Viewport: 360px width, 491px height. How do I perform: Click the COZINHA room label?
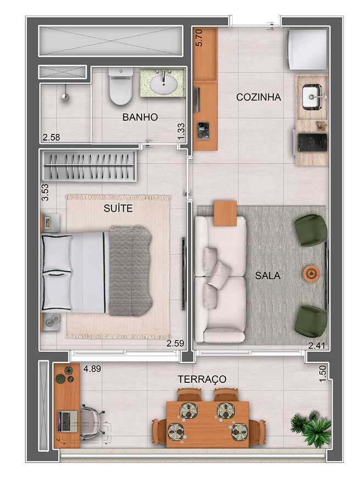click(x=258, y=97)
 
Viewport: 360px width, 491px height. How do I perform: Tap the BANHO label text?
click(x=140, y=117)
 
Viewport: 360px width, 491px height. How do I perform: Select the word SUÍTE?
click(x=118, y=208)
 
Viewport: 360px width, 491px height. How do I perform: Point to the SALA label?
click(x=267, y=276)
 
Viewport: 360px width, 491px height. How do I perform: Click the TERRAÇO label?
click(x=202, y=379)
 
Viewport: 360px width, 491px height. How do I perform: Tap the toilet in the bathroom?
click(x=120, y=86)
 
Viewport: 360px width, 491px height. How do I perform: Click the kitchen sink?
click(x=312, y=97)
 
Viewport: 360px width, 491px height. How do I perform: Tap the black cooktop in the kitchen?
click(x=312, y=143)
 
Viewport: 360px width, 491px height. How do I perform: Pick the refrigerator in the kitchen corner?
click(x=307, y=49)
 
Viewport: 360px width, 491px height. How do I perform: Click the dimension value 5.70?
click(x=199, y=37)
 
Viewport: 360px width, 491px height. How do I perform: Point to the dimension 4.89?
click(x=92, y=369)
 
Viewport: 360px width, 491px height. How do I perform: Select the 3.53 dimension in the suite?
click(x=46, y=192)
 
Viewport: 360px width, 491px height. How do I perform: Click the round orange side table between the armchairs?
click(x=311, y=274)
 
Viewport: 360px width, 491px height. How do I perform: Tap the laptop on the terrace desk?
click(x=67, y=421)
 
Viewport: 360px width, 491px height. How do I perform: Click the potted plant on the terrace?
click(x=311, y=428)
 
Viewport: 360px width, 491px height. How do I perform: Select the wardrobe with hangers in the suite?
click(x=89, y=166)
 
